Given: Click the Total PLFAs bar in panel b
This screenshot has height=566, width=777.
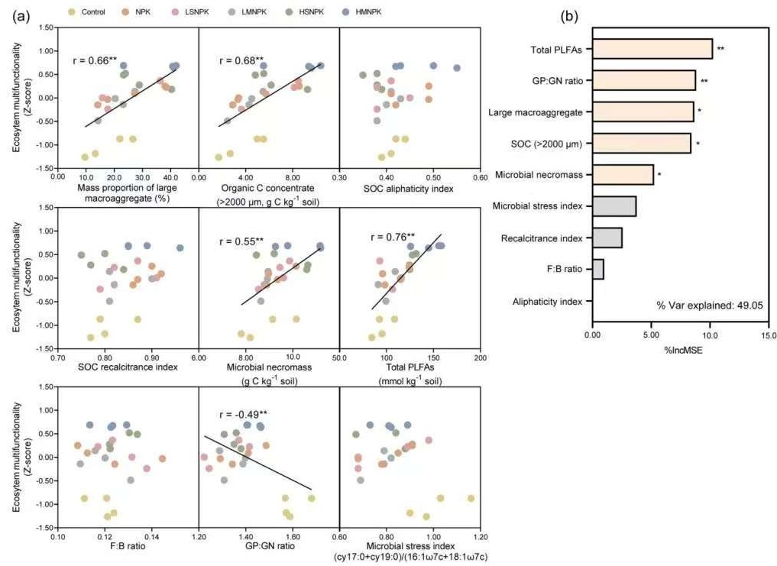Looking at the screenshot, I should (x=652, y=50).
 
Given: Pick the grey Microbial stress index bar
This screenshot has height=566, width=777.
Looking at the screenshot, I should (x=614, y=206).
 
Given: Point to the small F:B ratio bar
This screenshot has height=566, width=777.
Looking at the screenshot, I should (x=597, y=269).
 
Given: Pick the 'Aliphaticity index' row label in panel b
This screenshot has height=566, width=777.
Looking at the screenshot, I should (x=549, y=301).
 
